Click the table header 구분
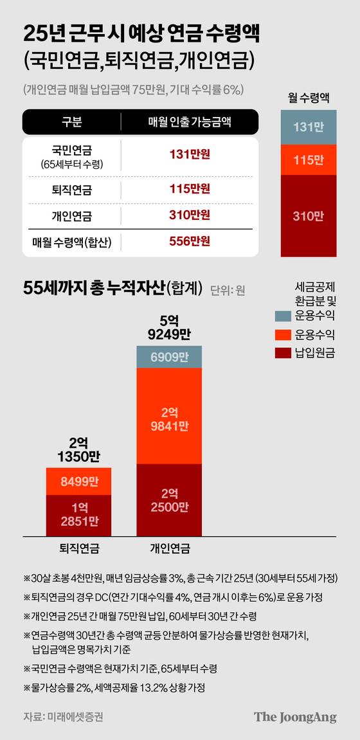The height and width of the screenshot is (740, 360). pyautogui.click(x=71, y=122)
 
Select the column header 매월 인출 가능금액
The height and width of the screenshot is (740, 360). pyautogui.click(x=190, y=122)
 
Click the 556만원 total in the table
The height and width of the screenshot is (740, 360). pyautogui.click(x=190, y=242)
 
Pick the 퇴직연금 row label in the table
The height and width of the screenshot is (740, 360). pyautogui.click(x=71, y=190)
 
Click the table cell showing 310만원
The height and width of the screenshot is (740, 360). pyautogui.click(x=190, y=215)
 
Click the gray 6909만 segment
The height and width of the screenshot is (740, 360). pyautogui.click(x=169, y=356)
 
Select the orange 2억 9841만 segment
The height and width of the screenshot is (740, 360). pyautogui.click(x=169, y=416)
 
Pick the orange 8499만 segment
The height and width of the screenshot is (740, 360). pyautogui.click(x=78, y=481)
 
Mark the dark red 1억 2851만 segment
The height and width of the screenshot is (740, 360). pyautogui.click(x=78, y=514)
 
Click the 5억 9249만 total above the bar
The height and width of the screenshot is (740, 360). pyautogui.click(x=169, y=326)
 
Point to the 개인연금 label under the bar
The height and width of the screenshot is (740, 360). pyautogui.click(x=169, y=548)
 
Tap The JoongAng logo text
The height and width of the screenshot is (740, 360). pyautogui.click(x=294, y=717)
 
